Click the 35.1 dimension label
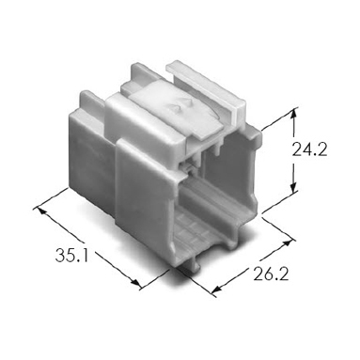(71, 255)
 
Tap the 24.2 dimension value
(309, 149)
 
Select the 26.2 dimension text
(271, 274)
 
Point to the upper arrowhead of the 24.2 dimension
(293, 114)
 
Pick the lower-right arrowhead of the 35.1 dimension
(135, 282)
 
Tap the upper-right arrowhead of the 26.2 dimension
(287, 243)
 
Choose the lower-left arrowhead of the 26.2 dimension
(217, 290)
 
